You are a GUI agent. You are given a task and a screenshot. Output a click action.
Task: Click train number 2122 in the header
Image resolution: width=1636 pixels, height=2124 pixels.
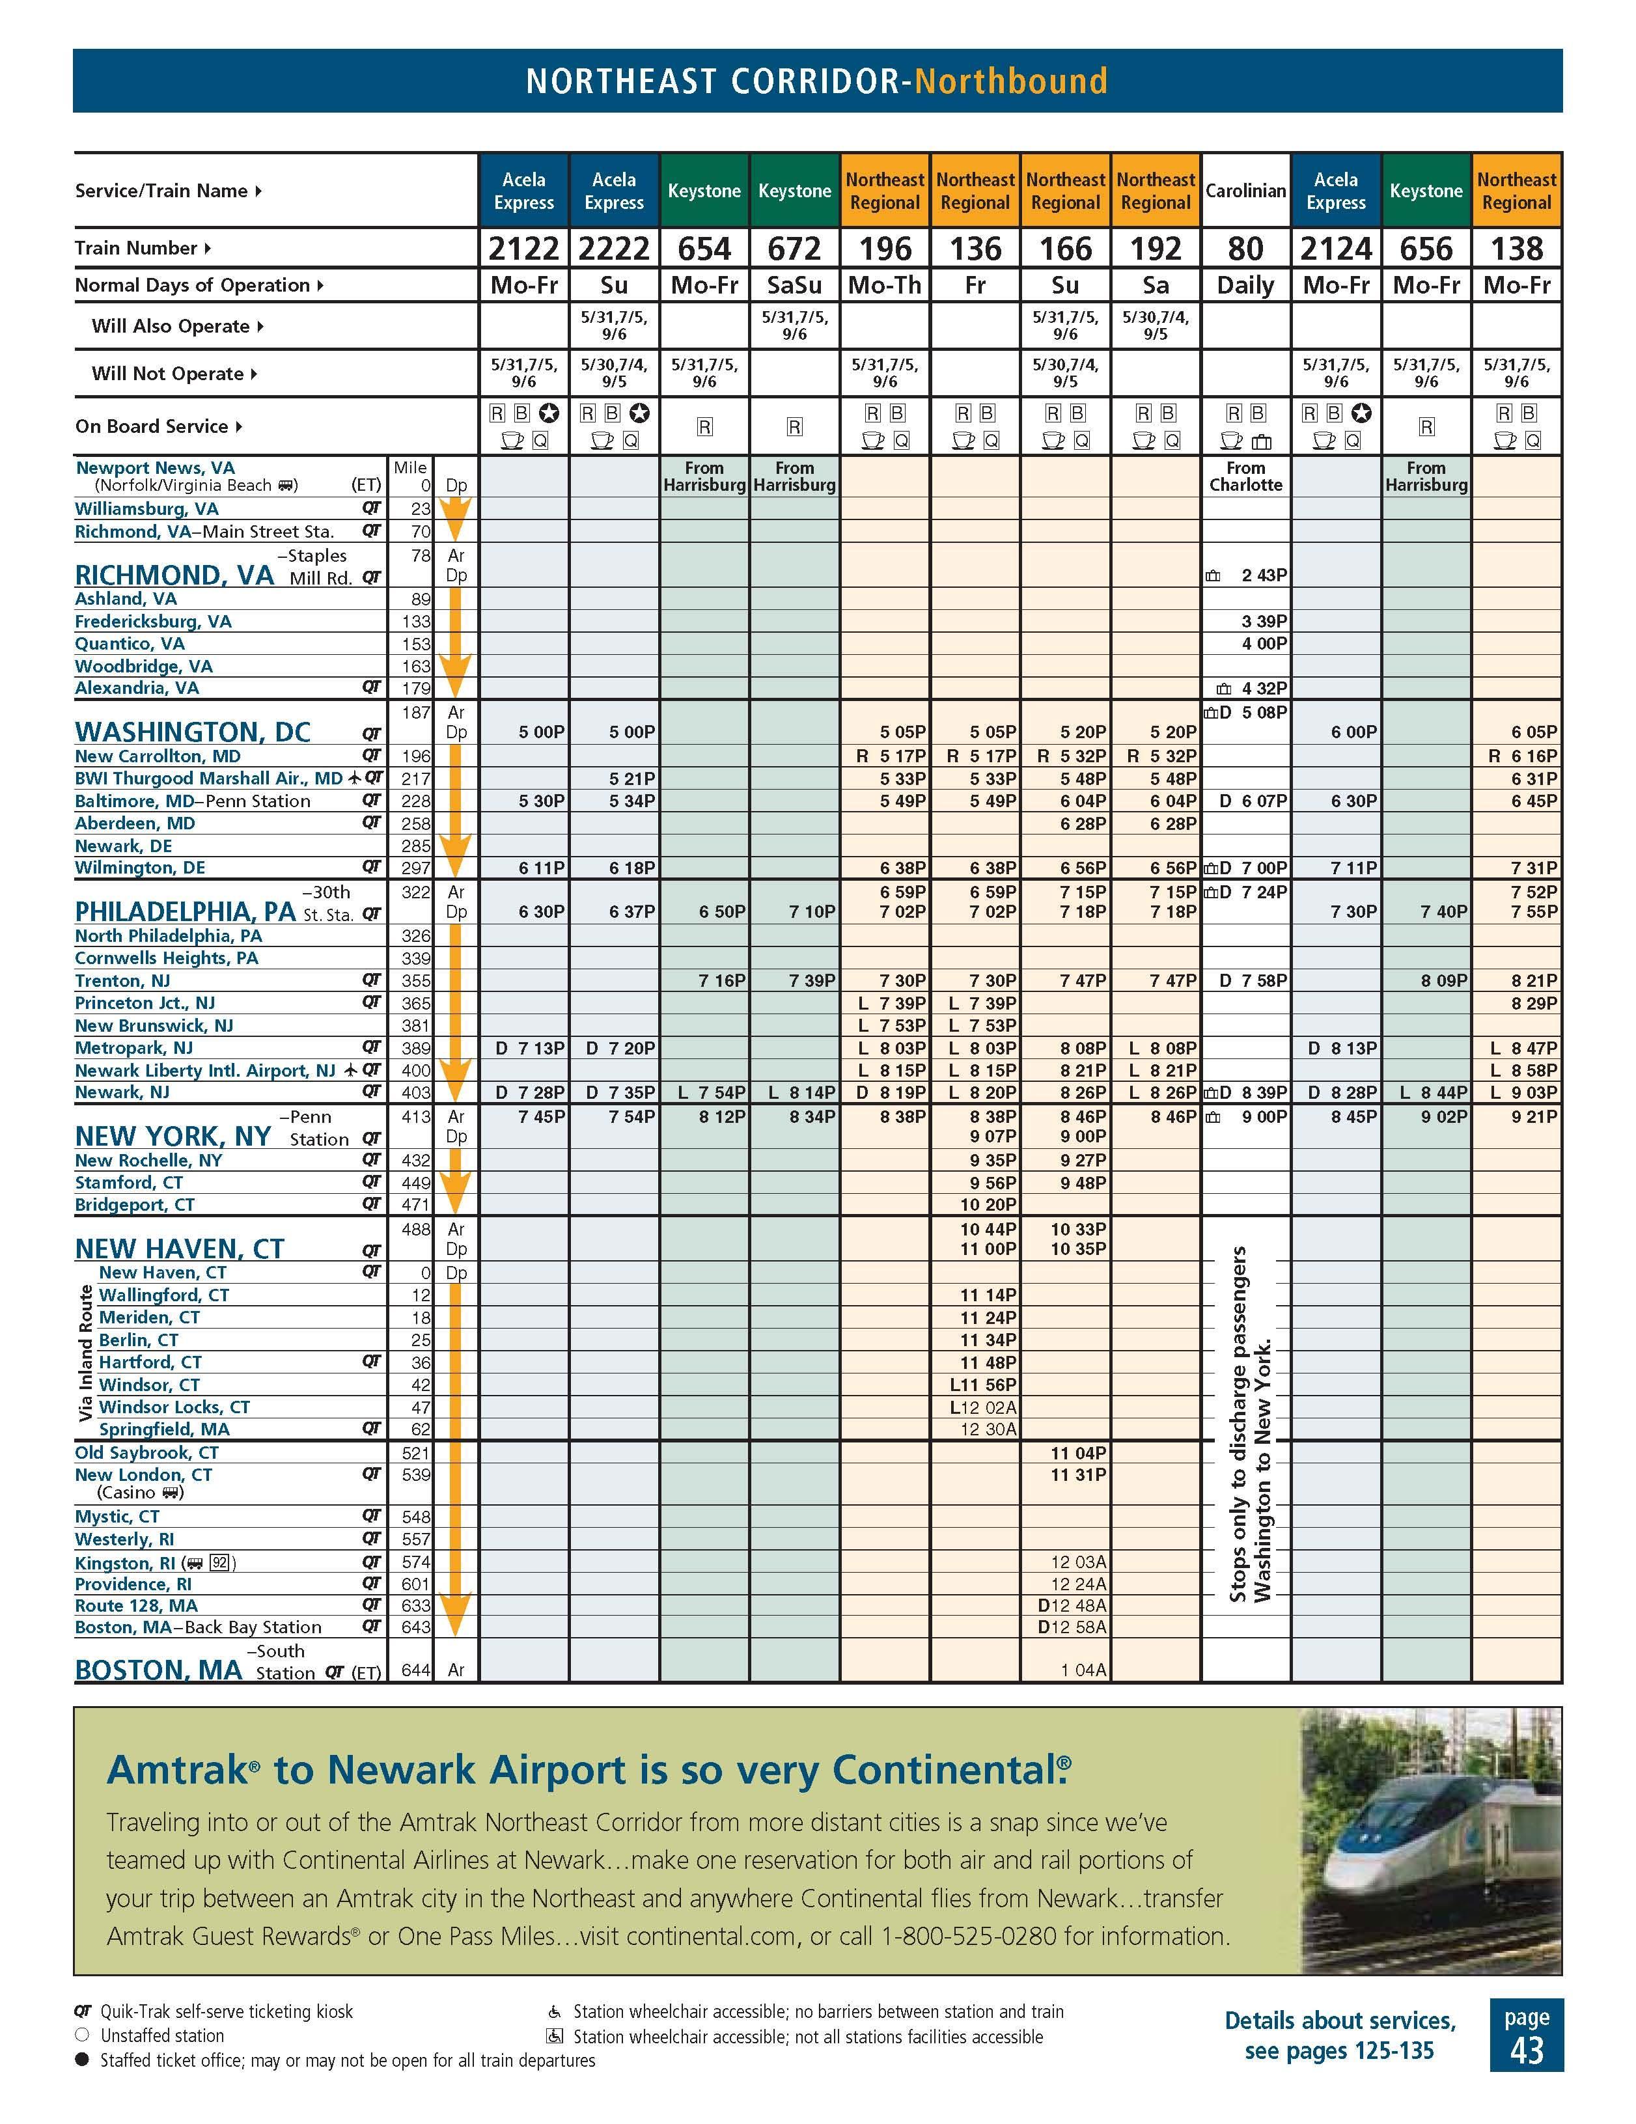[x=523, y=249]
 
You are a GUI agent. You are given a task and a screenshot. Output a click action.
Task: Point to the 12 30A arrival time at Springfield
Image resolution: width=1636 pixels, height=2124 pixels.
[x=987, y=1429]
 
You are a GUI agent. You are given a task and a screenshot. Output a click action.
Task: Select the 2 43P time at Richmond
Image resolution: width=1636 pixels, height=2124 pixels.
[x=1264, y=575]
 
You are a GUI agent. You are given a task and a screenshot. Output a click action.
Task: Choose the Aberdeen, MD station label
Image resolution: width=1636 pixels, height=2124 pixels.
[x=135, y=823]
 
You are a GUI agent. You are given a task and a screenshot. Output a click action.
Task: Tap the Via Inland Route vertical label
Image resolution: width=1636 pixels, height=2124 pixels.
[x=85, y=1352]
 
